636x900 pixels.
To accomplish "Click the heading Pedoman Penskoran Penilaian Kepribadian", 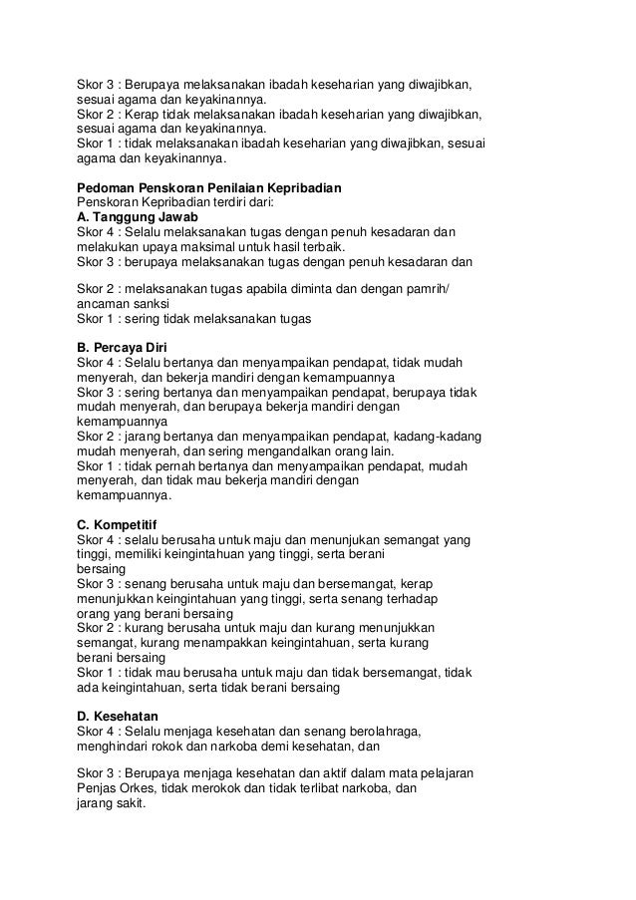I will tap(208, 187).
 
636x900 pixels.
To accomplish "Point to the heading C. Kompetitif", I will tap(124, 522).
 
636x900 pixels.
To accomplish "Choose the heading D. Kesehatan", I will tap(125, 716).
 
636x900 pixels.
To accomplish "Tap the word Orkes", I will tap(143, 787).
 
